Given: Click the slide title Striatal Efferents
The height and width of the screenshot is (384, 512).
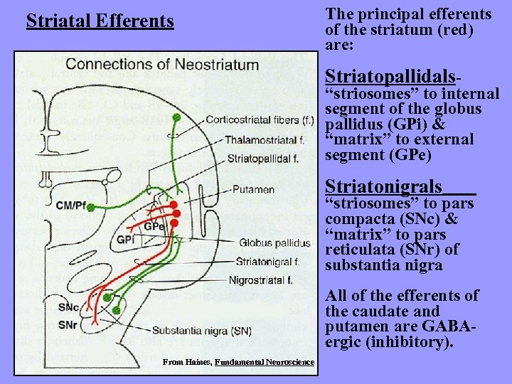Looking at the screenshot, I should click(100, 21).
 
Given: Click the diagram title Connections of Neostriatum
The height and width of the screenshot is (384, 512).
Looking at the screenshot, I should click(162, 65).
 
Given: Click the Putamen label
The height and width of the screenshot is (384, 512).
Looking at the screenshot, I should click(256, 190).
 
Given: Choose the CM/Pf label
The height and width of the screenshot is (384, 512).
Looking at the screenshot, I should click(71, 206).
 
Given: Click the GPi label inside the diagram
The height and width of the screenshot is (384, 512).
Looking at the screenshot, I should click(126, 240).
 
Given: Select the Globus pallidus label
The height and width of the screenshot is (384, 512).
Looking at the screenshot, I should click(275, 243).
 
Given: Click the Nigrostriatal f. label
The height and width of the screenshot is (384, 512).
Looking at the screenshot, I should click(264, 281).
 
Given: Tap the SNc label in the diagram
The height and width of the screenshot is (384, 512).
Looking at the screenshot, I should click(69, 308).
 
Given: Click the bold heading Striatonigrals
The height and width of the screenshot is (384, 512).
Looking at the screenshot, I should click(383, 187).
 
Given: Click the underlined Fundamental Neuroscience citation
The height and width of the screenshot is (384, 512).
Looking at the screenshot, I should click(264, 362).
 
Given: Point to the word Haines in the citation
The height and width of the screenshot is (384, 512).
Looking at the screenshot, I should click(196, 362).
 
